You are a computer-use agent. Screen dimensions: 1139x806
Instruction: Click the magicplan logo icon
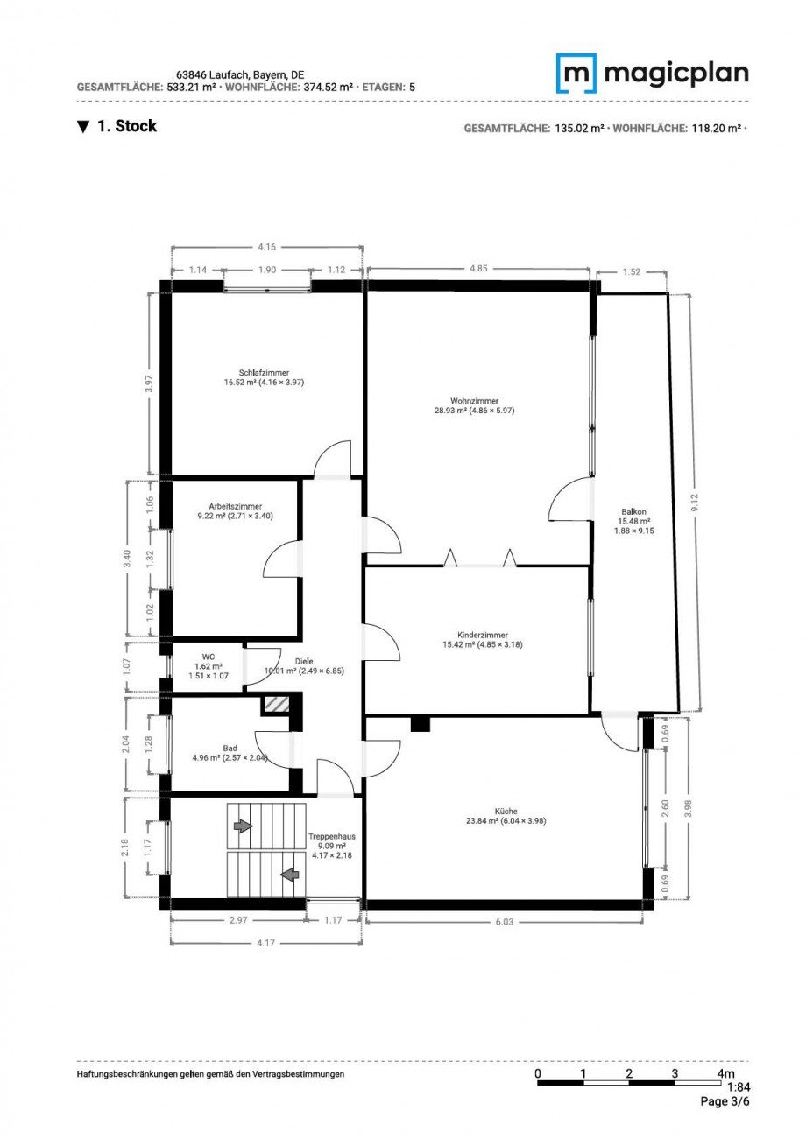(576, 73)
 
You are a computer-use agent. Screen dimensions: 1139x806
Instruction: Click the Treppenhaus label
(332, 836)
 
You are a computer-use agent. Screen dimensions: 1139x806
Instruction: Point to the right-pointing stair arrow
(243, 826)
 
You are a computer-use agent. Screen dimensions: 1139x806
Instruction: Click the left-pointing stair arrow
(290, 873)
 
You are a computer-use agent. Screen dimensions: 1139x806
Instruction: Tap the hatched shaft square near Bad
(276, 704)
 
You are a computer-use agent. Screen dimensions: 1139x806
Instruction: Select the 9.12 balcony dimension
(695, 502)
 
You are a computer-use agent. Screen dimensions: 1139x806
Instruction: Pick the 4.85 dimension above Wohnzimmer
(478, 269)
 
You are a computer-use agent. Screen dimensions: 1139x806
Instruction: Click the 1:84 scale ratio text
(738, 1087)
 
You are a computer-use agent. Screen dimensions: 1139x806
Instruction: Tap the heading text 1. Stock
(126, 126)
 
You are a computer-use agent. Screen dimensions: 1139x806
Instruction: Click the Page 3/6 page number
(725, 1101)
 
